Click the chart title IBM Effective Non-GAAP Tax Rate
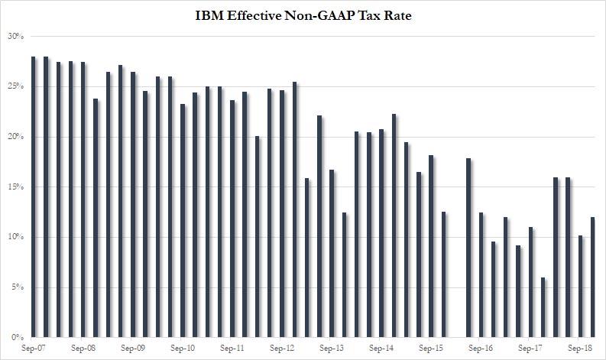click(303, 15)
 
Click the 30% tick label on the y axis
click(16, 37)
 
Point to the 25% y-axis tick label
click(16, 87)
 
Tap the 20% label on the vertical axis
click(16, 137)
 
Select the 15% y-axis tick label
click(16, 187)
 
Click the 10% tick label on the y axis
click(16, 238)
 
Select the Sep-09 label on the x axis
click(132, 348)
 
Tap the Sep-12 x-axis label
click(282, 348)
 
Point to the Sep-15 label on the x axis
click(431, 348)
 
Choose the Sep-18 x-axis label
click(579, 348)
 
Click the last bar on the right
click(593, 277)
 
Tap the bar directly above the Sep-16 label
click(481, 275)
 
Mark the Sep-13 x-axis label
click(332, 348)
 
